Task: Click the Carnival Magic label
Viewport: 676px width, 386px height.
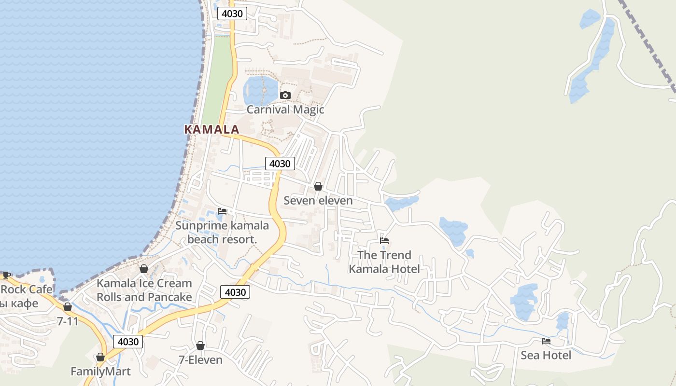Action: coord(285,110)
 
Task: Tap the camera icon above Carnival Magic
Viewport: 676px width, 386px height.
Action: coord(285,95)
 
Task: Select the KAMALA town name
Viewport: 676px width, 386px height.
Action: coord(211,129)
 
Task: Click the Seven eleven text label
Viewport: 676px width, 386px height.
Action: coord(318,200)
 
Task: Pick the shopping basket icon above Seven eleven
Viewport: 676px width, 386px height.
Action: coord(318,186)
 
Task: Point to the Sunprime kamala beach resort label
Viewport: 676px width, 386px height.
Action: coord(222,232)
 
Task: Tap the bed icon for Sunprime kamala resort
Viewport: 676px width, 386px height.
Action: coord(222,211)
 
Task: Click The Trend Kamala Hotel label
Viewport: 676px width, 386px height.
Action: coord(384,262)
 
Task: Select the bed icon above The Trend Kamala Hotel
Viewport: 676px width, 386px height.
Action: coord(384,241)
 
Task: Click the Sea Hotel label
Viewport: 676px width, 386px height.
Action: coord(546,356)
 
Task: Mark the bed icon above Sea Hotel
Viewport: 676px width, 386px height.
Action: coord(546,341)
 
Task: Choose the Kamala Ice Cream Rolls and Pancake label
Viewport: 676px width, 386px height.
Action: coord(144,290)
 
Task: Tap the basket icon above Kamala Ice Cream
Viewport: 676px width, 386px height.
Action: coord(143,269)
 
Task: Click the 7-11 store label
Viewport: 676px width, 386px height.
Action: coord(68,321)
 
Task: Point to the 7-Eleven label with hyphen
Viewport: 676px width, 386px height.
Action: coord(200,360)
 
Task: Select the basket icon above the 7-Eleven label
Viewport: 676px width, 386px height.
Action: coord(200,345)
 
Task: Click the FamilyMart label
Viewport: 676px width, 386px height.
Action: coord(100,372)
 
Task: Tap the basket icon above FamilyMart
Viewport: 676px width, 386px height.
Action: coord(100,357)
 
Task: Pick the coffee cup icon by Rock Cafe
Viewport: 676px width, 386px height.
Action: coord(6,276)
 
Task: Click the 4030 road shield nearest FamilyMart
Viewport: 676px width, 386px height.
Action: coord(128,342)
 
